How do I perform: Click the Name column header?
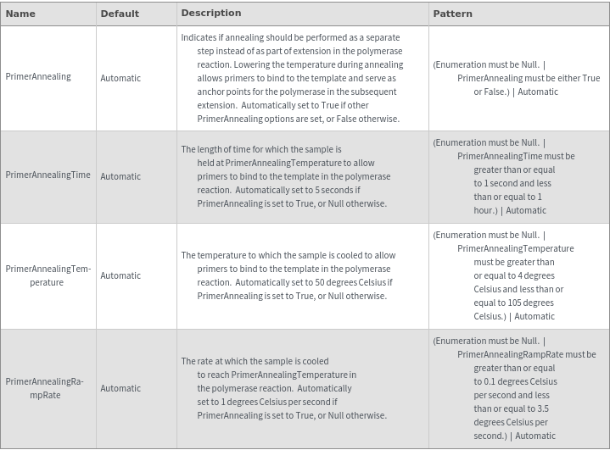click(x=20, y=14)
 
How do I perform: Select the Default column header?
click(x=120, y=14)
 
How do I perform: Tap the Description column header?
click(x=211, y=13)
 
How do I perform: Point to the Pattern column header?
click(x=452, y=14)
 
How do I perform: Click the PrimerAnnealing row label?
click(x=38, y=77)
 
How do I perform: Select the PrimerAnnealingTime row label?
click(x=48, y=175)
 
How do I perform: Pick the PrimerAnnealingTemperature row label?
click(x=48, y=275)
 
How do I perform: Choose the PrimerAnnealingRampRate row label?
click(x=45, y=388)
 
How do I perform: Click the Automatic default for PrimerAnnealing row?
click(x=120, y=78)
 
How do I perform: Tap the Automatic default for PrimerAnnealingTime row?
click(x=120, y=176)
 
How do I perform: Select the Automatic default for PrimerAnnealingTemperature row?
click(x=120, y=275)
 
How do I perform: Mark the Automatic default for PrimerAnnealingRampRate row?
click(x=120, y=388)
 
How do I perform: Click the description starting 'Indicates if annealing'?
click(x=291, y=78)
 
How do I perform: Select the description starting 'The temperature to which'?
click(x=288, y=275)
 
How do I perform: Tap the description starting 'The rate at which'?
click(x=283, y=388)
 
